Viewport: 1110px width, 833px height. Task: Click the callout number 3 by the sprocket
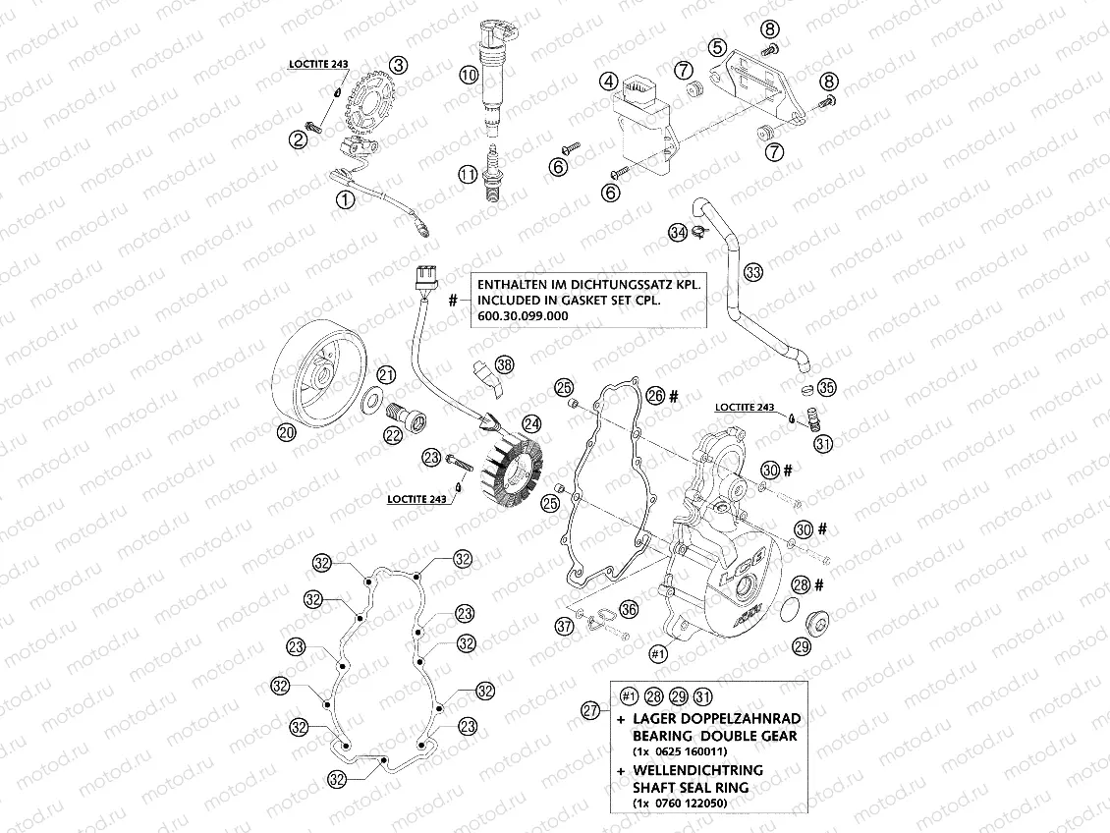coord(397,66)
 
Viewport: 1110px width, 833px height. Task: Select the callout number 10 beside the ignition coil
coord(469,74)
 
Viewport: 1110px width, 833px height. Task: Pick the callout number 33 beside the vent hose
coord(752,272)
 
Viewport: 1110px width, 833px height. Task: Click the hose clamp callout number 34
coord(677,232)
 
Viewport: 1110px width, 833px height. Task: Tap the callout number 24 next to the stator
coord(531,424)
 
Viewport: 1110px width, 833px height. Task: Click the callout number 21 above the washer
coord(386,374)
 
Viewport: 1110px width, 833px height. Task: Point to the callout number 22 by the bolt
coord(393,437)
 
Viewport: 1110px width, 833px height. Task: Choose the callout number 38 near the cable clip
coord(504,364)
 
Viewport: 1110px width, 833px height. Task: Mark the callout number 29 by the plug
coord(802,645)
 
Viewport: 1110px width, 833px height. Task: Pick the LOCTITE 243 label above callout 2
coord(318,65)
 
